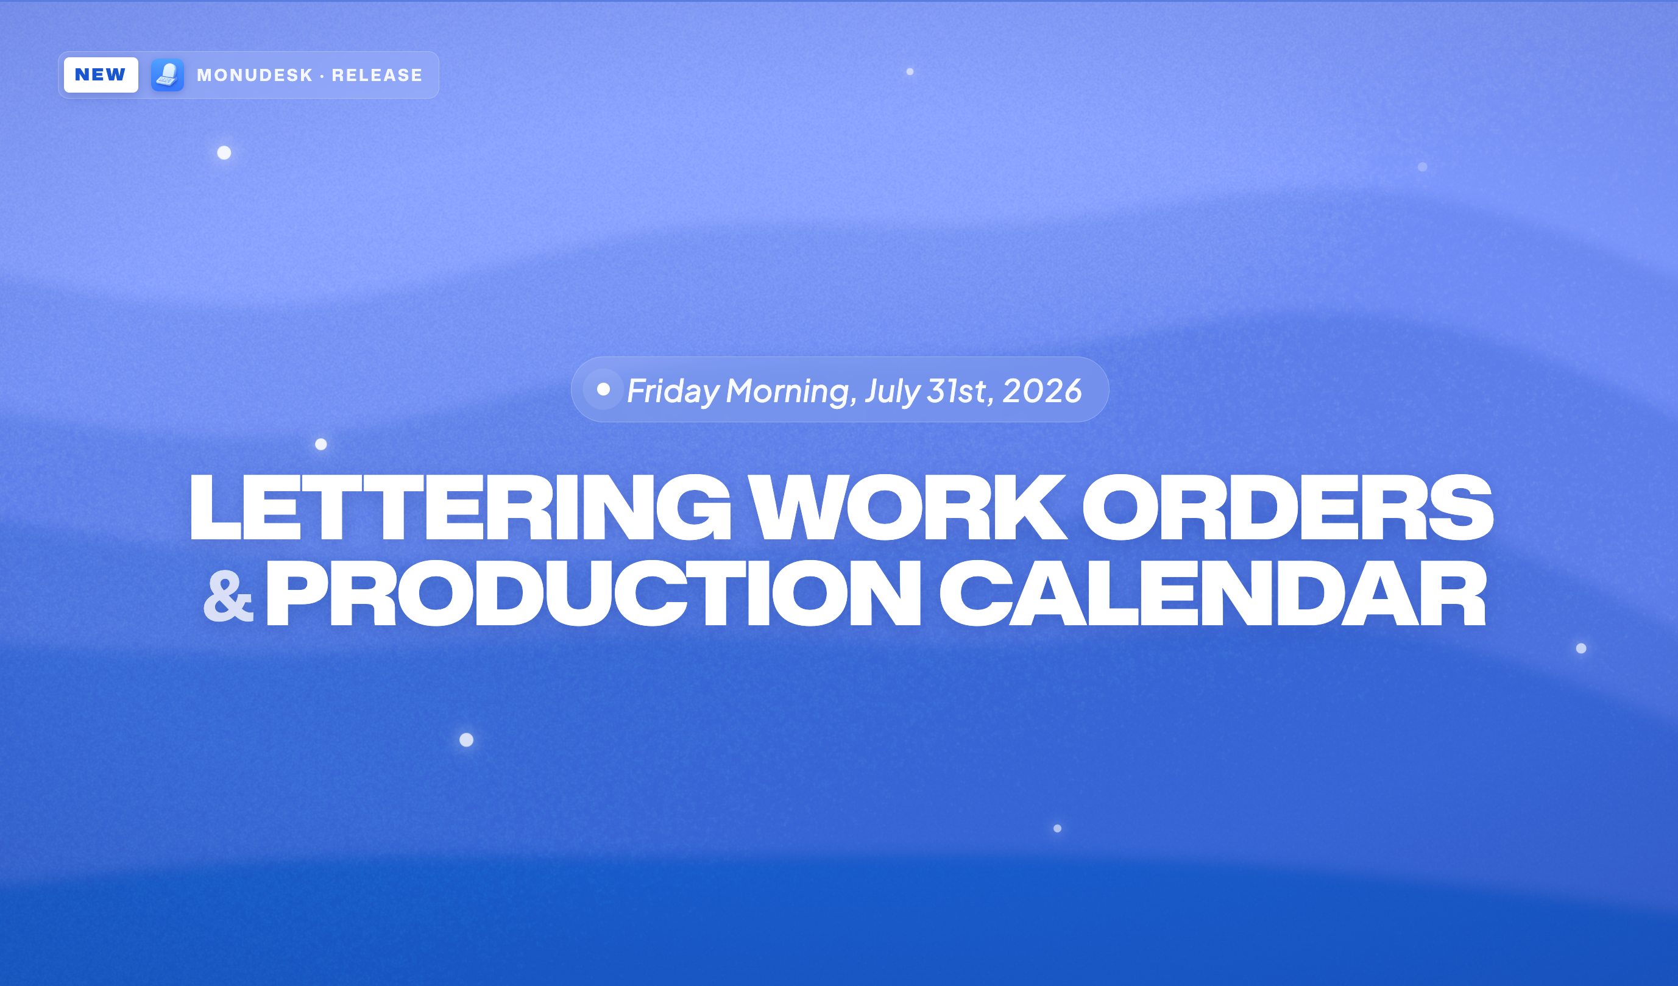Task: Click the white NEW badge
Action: tap(101, 74)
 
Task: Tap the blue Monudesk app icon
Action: tap(167, 74)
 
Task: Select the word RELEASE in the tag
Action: tap(377, 75)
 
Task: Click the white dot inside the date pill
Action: tap(603, 389)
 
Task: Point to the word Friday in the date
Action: tap(673, 391)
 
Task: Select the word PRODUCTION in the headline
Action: tap(593, 592)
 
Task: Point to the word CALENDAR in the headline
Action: tap(1212, 592)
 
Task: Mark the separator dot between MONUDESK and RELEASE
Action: tap(322, 76)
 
